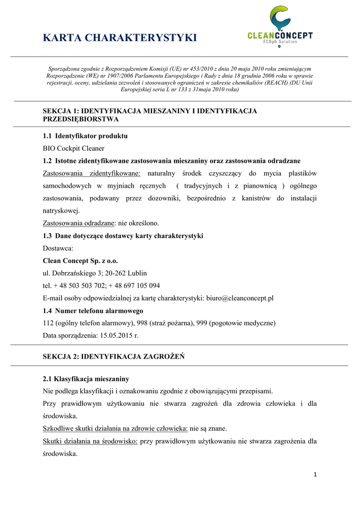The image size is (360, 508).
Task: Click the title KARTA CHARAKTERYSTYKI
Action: coord(120,38)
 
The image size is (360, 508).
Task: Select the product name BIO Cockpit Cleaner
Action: coord(73,148)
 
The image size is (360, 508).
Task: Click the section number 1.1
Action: coord(47,136)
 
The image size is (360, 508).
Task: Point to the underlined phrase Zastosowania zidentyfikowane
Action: coord(92,173)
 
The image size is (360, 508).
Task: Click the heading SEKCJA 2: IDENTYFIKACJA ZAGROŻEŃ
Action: coord(114,357)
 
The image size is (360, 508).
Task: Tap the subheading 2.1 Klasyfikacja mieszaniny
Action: coord(86,379)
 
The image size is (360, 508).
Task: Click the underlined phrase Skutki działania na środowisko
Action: coord(90,441)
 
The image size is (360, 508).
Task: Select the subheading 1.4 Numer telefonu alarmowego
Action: coord(93,311)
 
